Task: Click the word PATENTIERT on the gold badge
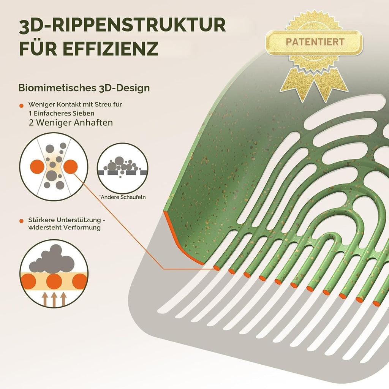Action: pos(315,42)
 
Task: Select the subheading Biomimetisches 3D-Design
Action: pos(84,88)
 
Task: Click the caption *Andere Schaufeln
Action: pos(123,197)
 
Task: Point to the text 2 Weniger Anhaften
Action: pos(71,123)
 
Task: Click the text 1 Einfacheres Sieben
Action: pos(62,113)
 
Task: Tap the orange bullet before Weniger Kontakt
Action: pos(22,106)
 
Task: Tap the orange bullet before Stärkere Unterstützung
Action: pos(22,221)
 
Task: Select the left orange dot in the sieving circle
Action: pos(37,167)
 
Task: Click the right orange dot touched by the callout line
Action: pos(70,167)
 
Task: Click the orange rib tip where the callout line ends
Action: pos(217,268)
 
